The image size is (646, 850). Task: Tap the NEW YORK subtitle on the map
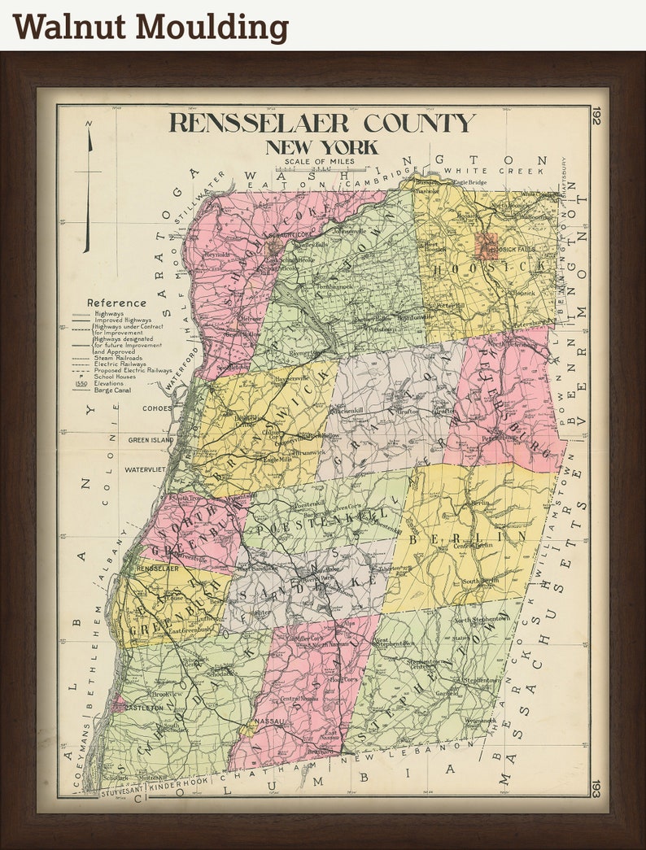click(321, 147)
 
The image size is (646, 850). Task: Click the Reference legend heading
click(116, 303)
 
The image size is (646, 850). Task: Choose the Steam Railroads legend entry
click(118, 357)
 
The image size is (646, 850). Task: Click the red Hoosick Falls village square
click(487, 245)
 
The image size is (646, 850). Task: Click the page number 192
click(596, 118)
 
